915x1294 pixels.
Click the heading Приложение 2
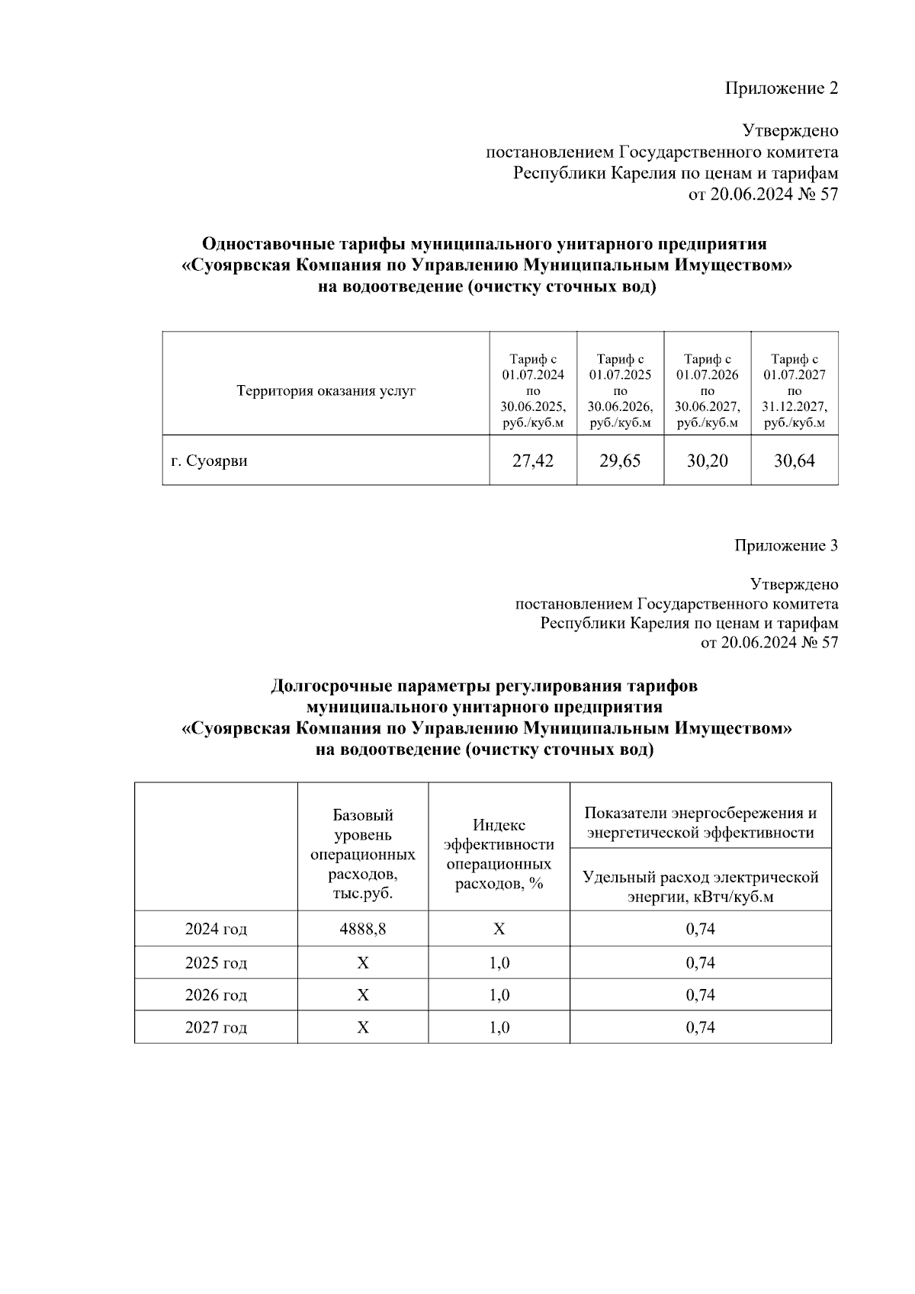781,88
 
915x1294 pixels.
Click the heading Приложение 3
786,545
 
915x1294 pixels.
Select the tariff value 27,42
533,461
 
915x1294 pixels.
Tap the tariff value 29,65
620,461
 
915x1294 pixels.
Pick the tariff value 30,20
707,461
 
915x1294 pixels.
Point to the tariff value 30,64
794,461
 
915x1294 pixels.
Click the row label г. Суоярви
209,461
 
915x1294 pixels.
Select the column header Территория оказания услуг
326,391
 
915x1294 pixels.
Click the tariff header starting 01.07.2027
795,390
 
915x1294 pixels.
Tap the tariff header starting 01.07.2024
533,390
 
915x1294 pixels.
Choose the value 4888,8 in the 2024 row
362,929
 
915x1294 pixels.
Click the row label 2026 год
216,995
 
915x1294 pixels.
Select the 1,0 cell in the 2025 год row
499,962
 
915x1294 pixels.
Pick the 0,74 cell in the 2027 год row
700,1027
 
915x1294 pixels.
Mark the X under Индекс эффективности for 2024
499,929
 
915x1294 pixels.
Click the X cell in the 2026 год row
362,995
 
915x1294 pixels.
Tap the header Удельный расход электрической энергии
700,886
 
